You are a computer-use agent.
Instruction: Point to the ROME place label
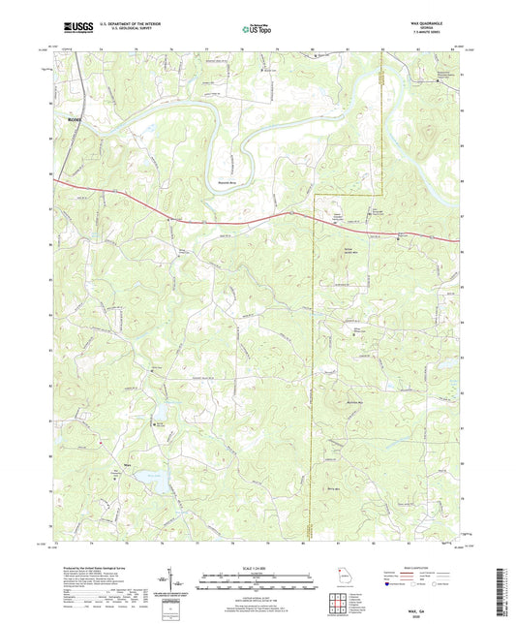76,119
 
